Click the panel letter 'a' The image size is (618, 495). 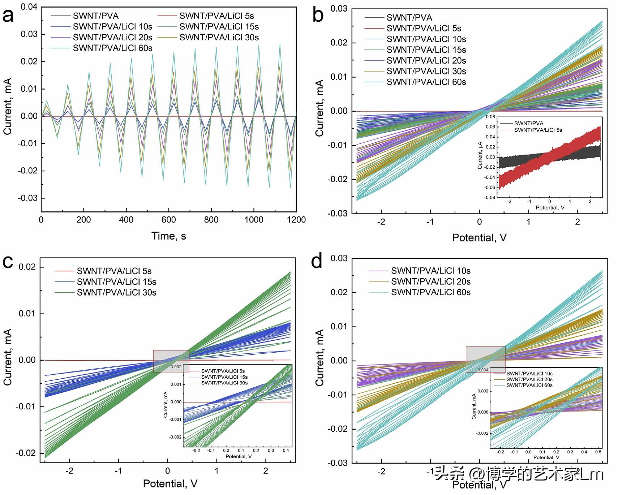(x=8, y=16)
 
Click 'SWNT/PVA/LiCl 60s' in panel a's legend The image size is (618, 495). (x=112, y=48)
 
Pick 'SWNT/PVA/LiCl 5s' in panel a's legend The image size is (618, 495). (x=216, y=16)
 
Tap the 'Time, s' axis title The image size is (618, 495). (x=169, y=236)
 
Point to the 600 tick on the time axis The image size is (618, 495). (x=169, y=220)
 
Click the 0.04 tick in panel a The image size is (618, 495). (x=29, y=7)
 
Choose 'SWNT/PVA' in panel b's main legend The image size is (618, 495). (x=409, y=17)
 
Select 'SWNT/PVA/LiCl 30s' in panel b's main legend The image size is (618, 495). (x=426, y=71)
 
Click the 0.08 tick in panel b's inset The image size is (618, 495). (x=490, y=117)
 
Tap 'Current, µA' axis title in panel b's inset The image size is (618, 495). (x=480, y=156)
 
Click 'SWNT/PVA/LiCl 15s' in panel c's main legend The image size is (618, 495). (x=116, y=282)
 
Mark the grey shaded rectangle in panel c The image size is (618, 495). (x=171, y=361)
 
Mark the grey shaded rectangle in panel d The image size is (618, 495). (x=485, y=359)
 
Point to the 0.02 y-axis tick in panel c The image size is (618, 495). (x=27, y=267)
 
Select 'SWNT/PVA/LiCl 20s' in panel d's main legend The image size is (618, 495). (x=430, y=281)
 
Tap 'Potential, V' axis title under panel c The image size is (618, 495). (x=170, y=483)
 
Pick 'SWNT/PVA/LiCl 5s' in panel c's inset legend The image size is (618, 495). (x=223, y=371)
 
